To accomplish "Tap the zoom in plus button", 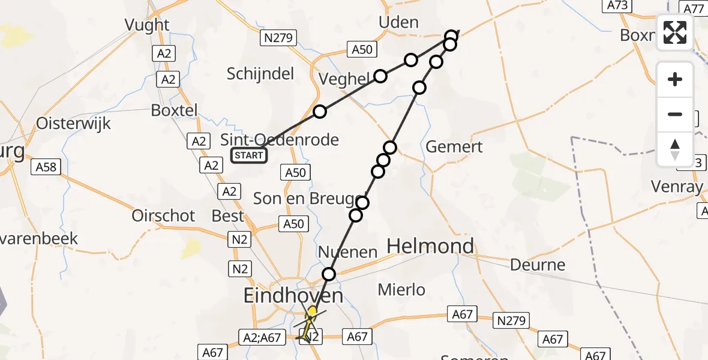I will click(x=675, y=79).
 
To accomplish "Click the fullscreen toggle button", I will click(x=675, y=32).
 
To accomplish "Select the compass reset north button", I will click(x=675, y=149).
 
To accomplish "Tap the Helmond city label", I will click(x=431, y=246).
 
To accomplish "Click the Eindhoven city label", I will click(x=293, y=295).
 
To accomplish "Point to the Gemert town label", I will click(x=454, y=146).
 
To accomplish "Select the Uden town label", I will click(x=399, y=22).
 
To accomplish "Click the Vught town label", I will click(x=146, y=25).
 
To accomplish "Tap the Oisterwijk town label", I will click(x=74, y=124).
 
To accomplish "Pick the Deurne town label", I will click(x=538, y=265).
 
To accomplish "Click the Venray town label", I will click(x=677, y=187).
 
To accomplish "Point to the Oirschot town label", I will click(x=164, y=216).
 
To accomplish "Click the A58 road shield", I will click(x=46, y=166).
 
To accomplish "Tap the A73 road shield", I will click(x=619, y=5).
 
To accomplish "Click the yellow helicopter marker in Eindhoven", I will click(x=311, y=312).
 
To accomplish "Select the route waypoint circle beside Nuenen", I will click(x=329, y=275).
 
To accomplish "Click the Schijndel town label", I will click(x=260, y=74).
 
